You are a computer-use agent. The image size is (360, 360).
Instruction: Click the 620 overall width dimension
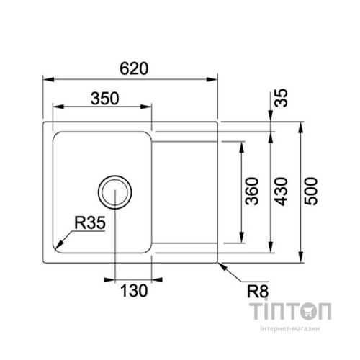point(134,68)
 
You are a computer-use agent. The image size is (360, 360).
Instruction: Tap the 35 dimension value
point(282,98)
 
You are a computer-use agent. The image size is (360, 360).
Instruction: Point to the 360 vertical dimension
point(252,191)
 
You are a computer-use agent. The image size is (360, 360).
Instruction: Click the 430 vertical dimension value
point(282,191)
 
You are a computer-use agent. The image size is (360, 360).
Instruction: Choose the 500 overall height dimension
point(311,191)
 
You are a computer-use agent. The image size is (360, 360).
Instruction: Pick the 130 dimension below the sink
point(134,291)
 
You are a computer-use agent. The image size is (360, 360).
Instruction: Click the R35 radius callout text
point(91,225)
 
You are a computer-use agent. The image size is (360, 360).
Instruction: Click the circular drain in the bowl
point(114,192)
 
